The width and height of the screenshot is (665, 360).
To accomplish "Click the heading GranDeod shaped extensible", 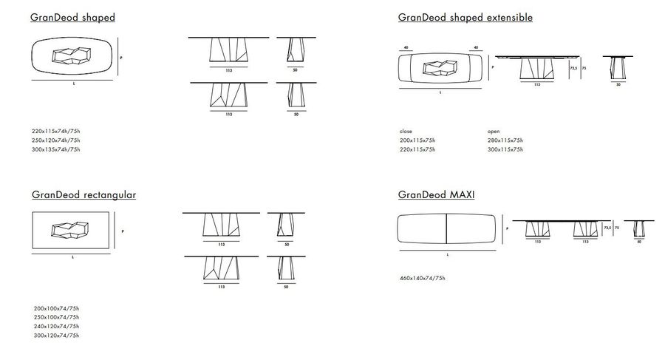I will pyautogui.click(x=465, y=17).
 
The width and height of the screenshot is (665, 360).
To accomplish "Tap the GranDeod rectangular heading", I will pyautogui.click(x=83, y=195).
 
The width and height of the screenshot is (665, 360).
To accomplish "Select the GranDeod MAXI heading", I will pyautogui.click(x=436, y=195).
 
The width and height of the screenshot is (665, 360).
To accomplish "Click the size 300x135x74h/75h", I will pyautogui.click(x=55, y=149).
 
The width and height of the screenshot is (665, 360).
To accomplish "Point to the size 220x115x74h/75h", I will pyautogui.click(x=55, y=132).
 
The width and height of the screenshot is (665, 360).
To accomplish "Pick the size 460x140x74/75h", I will pyautogui.click(x=422, y=279).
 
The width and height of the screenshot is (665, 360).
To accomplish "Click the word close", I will pyautogui.click(x=405, y=131).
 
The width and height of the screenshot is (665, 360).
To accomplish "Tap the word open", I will pyautogui.click(x=494, y=131).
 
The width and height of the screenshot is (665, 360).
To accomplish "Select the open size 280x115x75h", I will pyautogui.click(x=505, y=140).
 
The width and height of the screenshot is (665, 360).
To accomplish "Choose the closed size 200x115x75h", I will pyautogui.click(x=417, y=140).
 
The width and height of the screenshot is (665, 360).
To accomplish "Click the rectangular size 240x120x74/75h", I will pyautogui.click(x=56, y=326).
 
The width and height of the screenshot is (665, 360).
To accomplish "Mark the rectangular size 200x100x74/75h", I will pyautogui.click(x=56, y=308).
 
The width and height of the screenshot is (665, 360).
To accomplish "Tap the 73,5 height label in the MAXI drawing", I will pyautogui.click(x=607, y=228).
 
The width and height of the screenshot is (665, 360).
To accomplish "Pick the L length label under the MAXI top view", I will pyautogui.click(x=448, y=254).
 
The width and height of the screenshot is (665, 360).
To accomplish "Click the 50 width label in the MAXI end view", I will pyautogui.click(x=638, y=241).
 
